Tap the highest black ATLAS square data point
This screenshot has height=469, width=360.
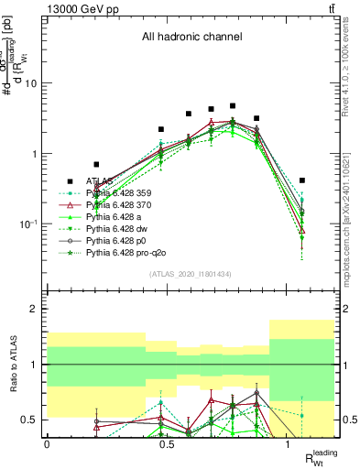[233, 106]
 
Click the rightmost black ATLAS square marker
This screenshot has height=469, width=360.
[302, 180]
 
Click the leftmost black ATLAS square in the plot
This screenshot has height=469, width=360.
[96, 165]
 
